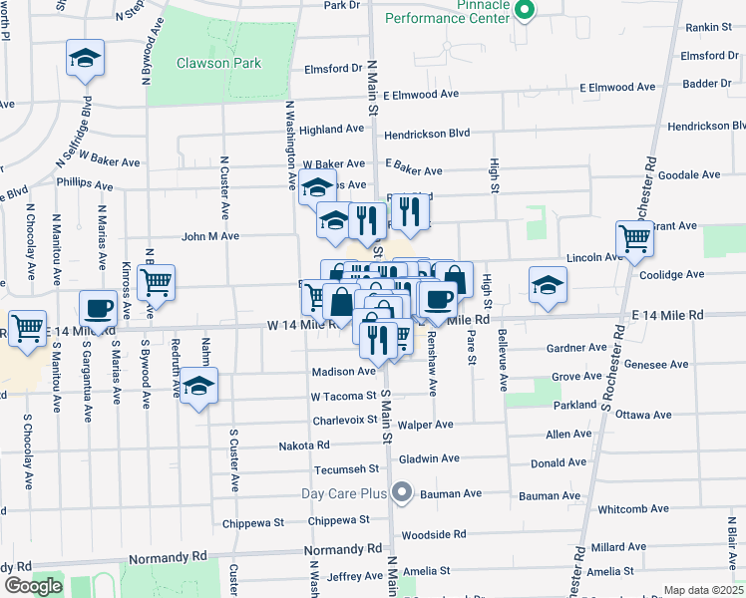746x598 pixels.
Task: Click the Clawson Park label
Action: point(218,63)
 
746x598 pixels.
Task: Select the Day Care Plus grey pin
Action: point(402,492)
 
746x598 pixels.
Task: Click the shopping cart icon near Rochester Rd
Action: point(634,238)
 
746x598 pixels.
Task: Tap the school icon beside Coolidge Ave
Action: point(547,284)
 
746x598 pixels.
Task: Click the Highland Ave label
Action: point(332,130)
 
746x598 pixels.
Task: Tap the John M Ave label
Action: point(210,236)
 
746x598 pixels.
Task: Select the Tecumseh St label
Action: point(347,468)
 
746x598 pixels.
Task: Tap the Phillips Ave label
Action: point(85,184)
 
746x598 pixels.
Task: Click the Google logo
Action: point(33,586)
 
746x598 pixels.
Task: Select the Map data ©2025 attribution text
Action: point(703,590)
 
